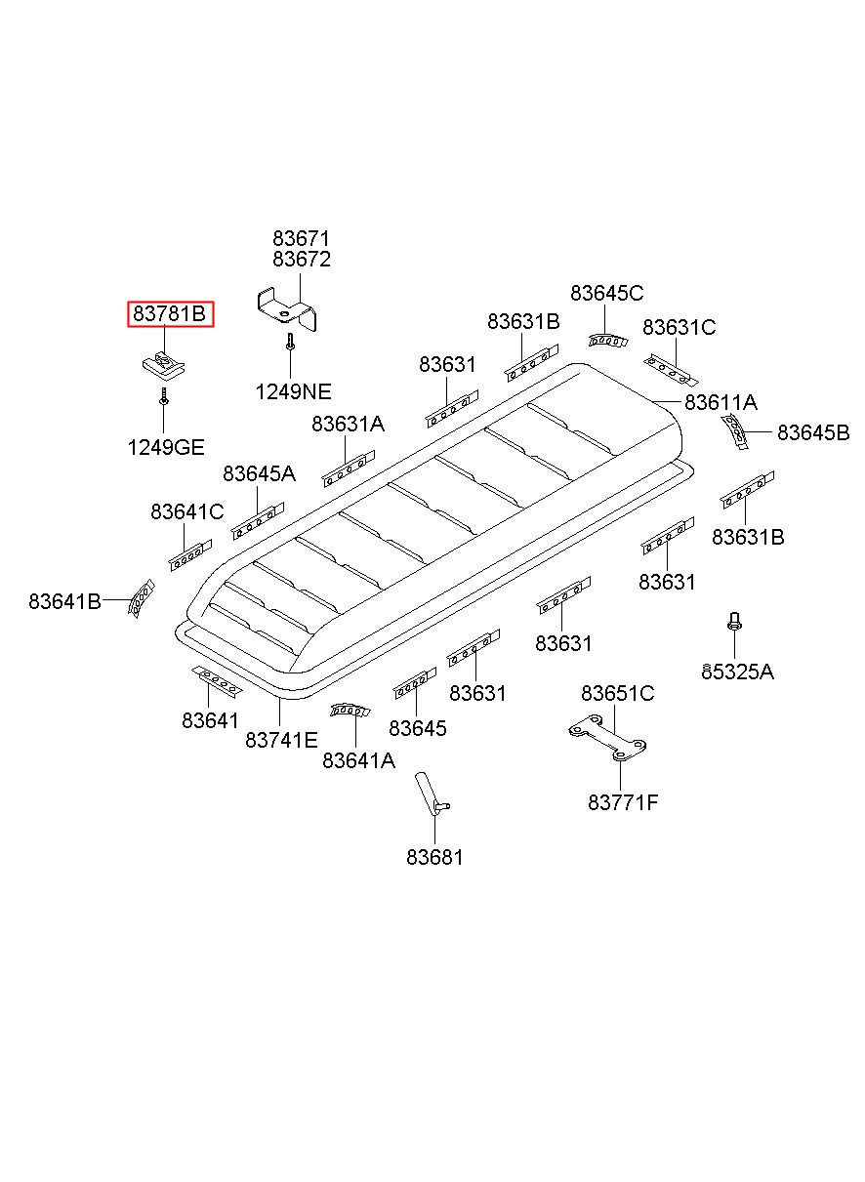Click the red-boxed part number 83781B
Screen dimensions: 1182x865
pyautogui.click(x=170, y=314)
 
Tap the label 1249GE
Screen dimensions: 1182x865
pyautogui.click(x=165, y=447)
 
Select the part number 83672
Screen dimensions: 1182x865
pyautogui.click(x=301, y=260)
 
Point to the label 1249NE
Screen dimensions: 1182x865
pyautogui.click(x=293, y=391)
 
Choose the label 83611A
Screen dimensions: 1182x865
pyautogui.click(x=721, y=402)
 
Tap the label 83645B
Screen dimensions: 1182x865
pyautogui.click(x=813, y=432)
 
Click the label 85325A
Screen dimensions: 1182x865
pyautogui.click(x=737, y=672)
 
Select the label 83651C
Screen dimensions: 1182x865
pyautogui.click(x=617, y=693)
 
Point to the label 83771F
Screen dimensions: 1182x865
pyautogui.click(x=623, y=802)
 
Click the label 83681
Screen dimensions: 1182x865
pyautogui.click(x=434, y=857)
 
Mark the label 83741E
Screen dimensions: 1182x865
pyautogui.click(x=281, y=740)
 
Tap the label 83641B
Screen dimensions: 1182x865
pyautogui.click(x=64, y=601)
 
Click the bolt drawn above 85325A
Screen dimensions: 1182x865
pyautogui.click(x=733, y=621)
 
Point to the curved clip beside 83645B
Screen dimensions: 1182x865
pyautogui.click(x=734, y=429)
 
